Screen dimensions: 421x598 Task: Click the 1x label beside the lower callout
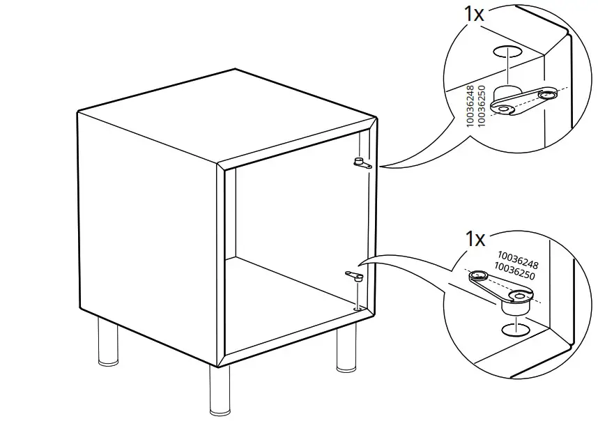(x=475, y=239)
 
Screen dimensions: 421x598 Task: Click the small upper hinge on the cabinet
(x=361, y=164)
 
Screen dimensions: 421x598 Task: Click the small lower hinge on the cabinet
(x=353, y=277)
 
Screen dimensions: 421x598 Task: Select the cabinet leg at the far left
(x=107, y=346)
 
